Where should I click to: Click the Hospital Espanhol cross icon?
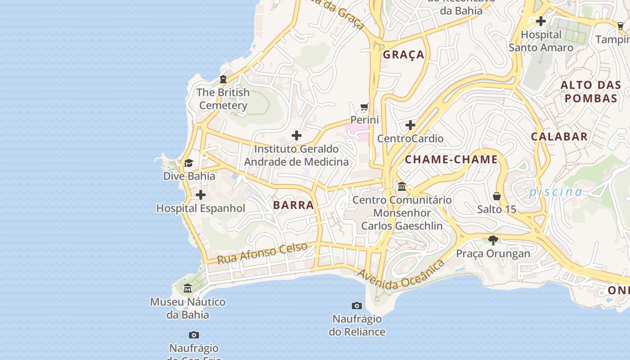click(201, 195)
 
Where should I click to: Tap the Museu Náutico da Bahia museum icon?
click(188, 288)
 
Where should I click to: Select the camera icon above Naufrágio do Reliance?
click(357, 306)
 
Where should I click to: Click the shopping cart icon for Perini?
click(364, 107)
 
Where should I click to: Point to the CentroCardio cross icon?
click(410, 125)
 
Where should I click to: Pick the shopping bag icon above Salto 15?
click(497, 196)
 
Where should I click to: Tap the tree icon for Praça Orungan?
click(493, 240)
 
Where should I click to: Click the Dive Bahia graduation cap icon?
click(189, 163)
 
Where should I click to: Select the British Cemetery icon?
click(223, 79)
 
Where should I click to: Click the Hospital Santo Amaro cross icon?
click(541, 21)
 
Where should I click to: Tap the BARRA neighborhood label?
click(293, 205)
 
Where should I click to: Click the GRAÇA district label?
click(404, 55)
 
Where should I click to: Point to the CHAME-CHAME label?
click(451, 159)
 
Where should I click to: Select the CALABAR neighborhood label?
click(559, 137)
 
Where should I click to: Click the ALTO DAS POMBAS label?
click(590, 91)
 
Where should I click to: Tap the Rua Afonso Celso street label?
click(262, 253)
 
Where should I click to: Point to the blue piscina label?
click(555, 192)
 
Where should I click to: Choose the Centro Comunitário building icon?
click(402, 186)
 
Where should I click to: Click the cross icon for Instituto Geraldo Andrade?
click(297, 135)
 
